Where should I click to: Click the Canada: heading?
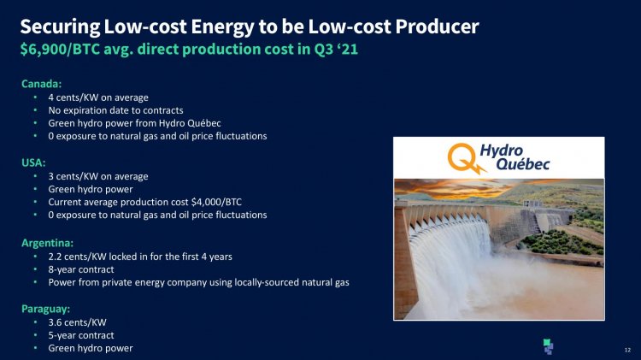tap(41, 84)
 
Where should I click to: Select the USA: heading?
tap(33, 162)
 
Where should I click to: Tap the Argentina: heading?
tap(47, 243)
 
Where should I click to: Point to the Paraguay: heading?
tap(46, 309)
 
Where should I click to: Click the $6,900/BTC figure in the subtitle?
tap(60, 49)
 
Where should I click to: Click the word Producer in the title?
tap(437, 27)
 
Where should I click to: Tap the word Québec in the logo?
tap(523, 164)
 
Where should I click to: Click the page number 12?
tap(627, 350)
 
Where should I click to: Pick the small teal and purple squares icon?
tap(548, 346)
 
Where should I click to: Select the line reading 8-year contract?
tap(81, 269)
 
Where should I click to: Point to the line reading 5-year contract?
tap(81, 335)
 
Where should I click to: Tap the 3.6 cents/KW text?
tap(77, 322)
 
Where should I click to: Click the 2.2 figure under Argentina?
tap(55, 257)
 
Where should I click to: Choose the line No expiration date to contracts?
tap(115, 110)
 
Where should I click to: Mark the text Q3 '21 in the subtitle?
tap(336, 49)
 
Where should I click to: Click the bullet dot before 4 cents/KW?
tap(36, 97)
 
